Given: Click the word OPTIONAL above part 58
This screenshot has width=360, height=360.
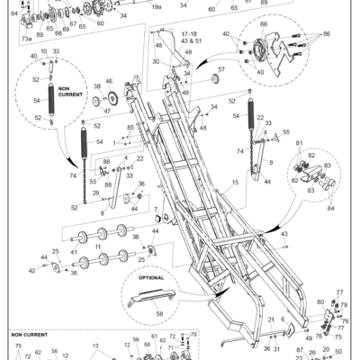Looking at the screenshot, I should coord(150,278).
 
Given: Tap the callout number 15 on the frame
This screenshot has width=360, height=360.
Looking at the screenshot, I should coord(235,183).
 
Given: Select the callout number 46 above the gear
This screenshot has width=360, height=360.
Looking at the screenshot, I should coord(109,82).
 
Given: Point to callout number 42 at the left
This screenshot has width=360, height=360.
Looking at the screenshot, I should coord(31,269).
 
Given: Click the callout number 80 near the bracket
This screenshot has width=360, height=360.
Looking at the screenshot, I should coord(320,301).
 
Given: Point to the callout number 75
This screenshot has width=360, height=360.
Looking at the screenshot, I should coord(337,337).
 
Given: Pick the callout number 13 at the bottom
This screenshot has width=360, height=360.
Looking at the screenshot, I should coord(95,345).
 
